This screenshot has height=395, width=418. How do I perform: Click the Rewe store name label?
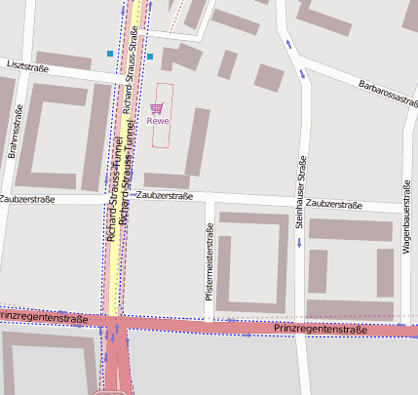pos(158,121)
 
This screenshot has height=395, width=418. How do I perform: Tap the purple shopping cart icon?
pos(157,108)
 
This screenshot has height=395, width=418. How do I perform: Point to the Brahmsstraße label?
pos(14,134)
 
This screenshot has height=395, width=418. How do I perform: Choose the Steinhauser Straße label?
pos(301,190)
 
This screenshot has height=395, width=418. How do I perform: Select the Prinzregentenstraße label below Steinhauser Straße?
pos(320,330)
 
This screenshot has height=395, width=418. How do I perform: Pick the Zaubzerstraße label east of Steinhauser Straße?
pos(334,205)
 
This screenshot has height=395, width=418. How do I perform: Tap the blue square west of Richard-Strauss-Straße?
pos(109,53)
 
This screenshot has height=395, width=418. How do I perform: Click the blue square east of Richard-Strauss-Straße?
pos(150,57)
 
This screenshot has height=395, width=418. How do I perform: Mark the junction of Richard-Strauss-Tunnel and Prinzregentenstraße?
pos(115,320)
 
